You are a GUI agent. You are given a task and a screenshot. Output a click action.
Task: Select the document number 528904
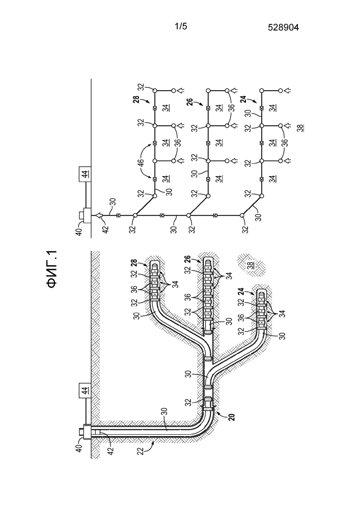tap(283, 29)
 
